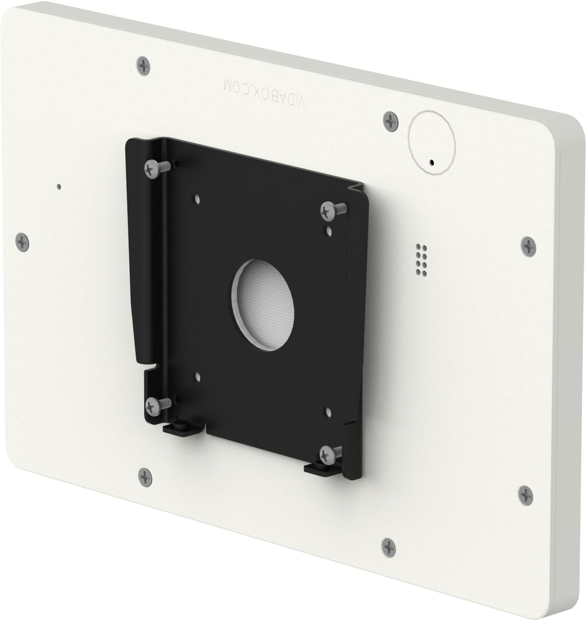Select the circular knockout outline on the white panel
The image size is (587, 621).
(x=432, y=142)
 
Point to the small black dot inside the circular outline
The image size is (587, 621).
(x=432, y=163)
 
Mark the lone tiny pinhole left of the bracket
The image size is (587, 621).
(x=59, y=186)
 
